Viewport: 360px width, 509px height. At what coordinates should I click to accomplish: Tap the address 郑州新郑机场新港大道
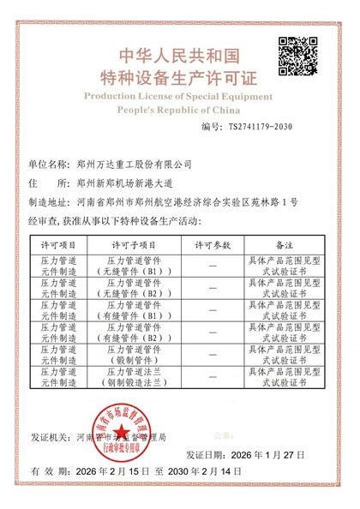click(x=125, y=183)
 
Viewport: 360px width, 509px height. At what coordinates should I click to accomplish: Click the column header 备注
click(x=284, y=244)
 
